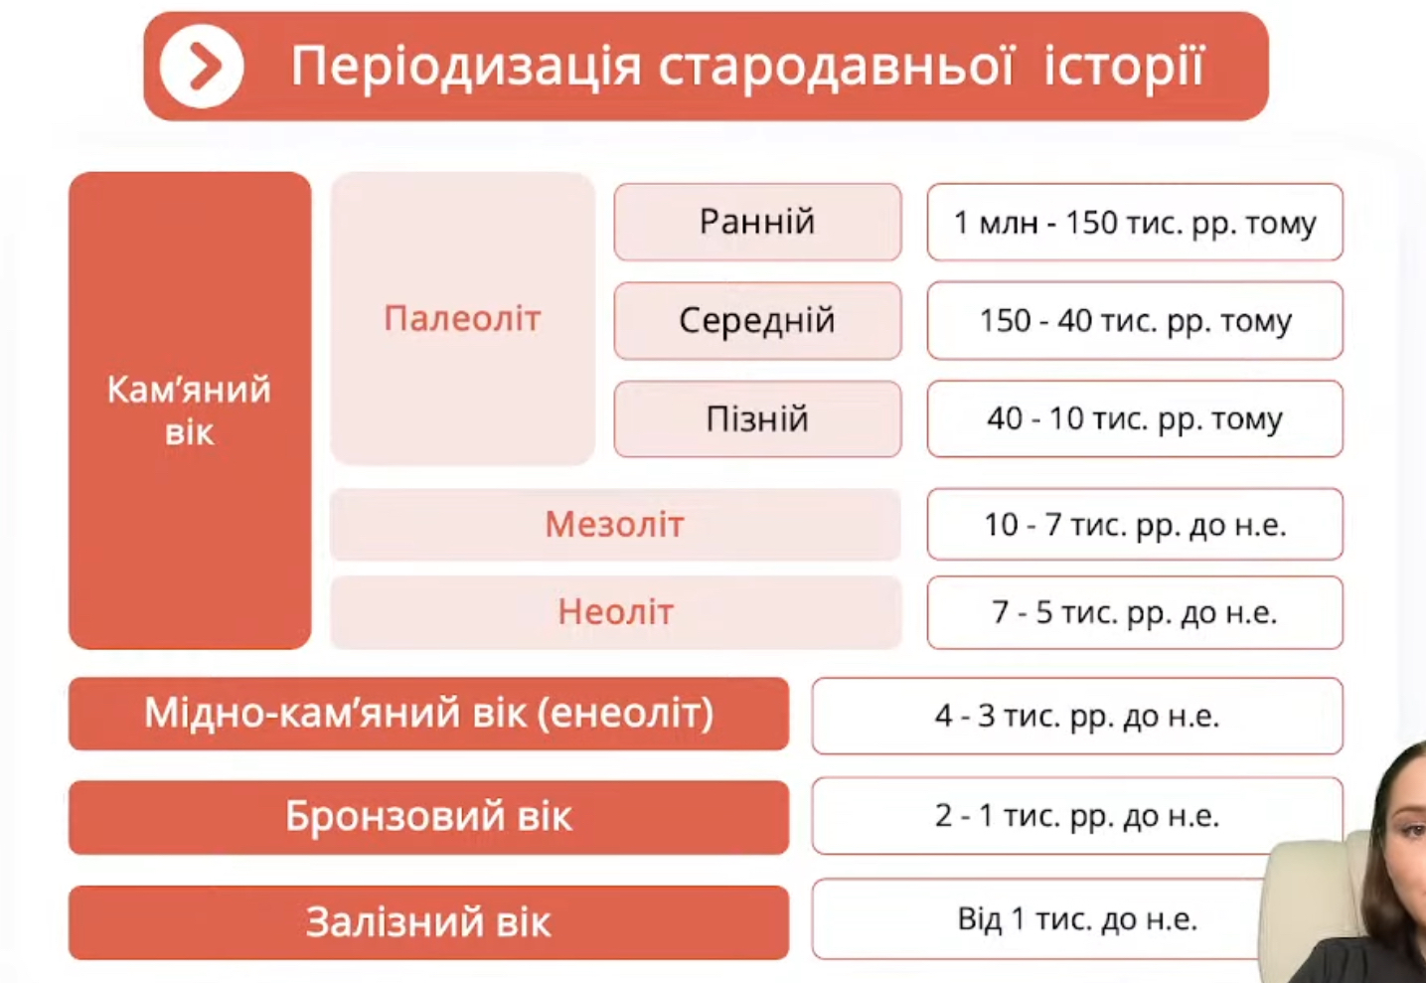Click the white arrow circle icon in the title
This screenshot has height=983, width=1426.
201,67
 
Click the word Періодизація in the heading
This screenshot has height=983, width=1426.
465,68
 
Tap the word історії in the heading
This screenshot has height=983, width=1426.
1124,67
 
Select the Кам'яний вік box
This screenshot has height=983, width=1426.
190,410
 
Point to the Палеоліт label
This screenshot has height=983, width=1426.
462,318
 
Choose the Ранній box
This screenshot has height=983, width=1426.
757,223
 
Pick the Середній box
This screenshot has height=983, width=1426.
757,321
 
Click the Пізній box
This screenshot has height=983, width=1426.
757,418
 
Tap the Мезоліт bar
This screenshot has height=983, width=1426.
615,525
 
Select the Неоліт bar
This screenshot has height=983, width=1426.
615,612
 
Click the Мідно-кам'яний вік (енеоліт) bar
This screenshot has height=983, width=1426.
429,714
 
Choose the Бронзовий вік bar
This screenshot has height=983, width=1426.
429,817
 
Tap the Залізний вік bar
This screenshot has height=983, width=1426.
429,922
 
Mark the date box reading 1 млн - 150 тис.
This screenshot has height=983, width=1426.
1135,223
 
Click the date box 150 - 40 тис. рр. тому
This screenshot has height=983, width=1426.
1135,321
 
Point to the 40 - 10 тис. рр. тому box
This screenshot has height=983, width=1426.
1135,418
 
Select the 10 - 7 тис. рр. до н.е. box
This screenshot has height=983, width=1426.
1135,525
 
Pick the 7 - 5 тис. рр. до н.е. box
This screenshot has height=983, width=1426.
1135,612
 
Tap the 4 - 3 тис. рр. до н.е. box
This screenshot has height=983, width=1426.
1077,717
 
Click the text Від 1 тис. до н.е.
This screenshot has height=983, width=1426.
1077,919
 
